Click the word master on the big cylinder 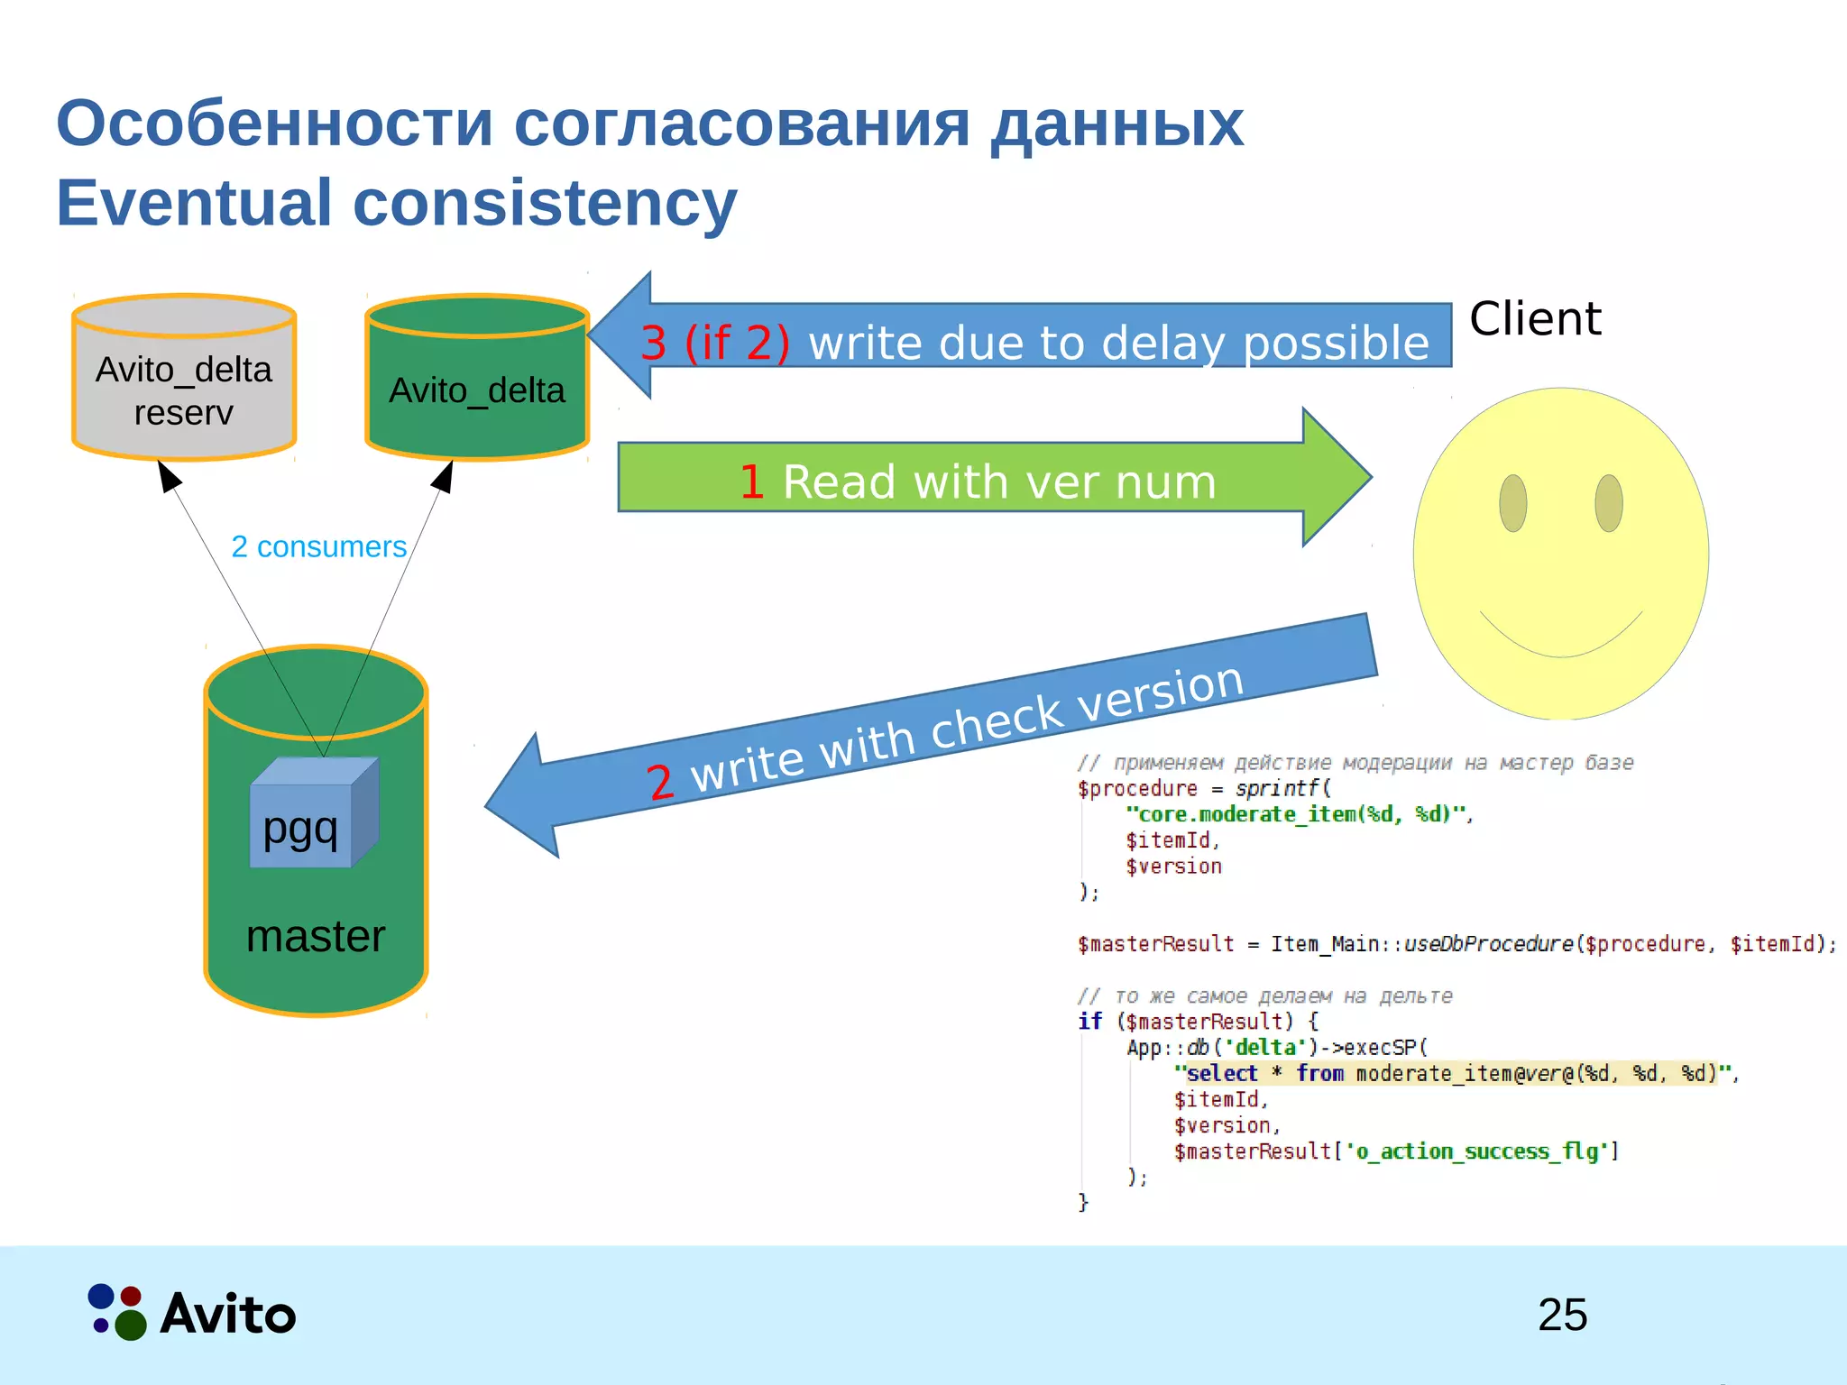316,936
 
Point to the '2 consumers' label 318,546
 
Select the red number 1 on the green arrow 751,482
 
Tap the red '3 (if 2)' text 715,344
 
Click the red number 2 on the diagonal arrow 661,781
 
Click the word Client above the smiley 1535,319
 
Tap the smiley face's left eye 1512,503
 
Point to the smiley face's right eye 1609,503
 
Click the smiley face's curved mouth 1560,645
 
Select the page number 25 1562,1315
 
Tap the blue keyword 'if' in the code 1089,1021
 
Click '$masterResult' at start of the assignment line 1154,944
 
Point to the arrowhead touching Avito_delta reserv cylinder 168,474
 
